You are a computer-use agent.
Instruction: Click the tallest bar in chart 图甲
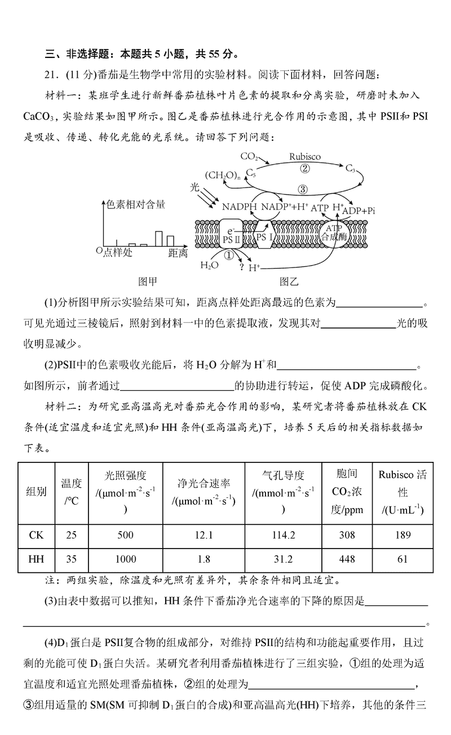[x=159, y=238]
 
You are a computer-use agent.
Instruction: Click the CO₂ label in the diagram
[x=249, y=156]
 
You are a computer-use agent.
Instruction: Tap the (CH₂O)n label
[x=222, y=175]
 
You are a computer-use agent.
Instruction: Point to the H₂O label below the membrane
[x=209, y=265]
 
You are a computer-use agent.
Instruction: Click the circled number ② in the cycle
[x=305, y=168]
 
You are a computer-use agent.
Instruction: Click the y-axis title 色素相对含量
[x=136, y=204]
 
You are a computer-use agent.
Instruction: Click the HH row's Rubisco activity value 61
[x=403, y=559]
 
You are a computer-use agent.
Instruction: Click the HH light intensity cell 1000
[x=125, y=559]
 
